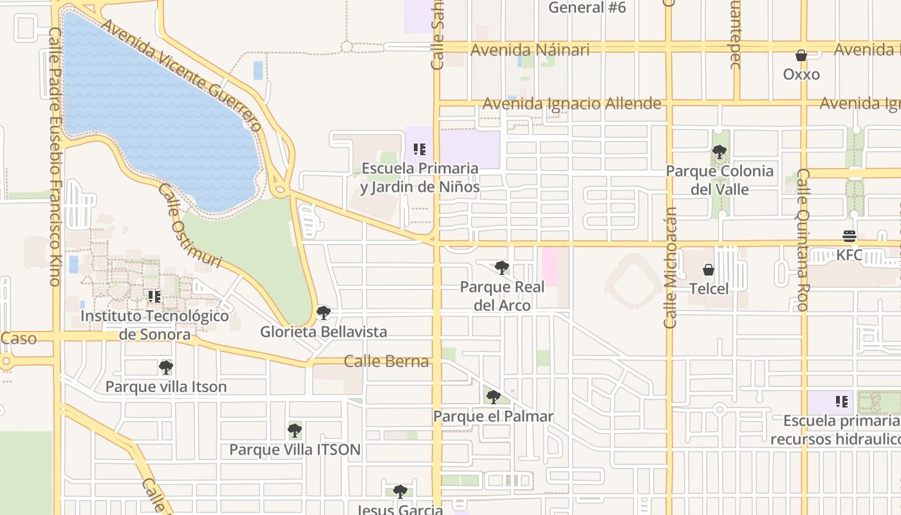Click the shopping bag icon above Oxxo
coord(801,56)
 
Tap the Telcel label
coord(709,288)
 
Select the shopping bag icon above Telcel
coord(709,270)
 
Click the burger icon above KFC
coord(850,236)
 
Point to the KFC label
coord(850,255)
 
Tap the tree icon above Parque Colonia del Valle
coord(720,153)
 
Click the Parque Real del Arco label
coord(502,296)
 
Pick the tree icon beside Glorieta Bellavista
coord(324,313)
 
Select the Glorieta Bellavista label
coord(324,332)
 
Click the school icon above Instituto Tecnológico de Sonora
coord(154,297)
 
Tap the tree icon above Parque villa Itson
coord(166,368)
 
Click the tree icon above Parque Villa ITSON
coord(295,430)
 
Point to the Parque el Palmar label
coord(493,417)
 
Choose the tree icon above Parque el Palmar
coord(494,397)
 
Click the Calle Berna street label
coord(386,361)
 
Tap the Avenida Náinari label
coord(530,50)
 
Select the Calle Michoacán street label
coord(670,267)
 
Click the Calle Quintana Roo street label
coord(803,239)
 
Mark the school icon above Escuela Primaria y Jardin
coord(420,150)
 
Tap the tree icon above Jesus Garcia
coord(400,492)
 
